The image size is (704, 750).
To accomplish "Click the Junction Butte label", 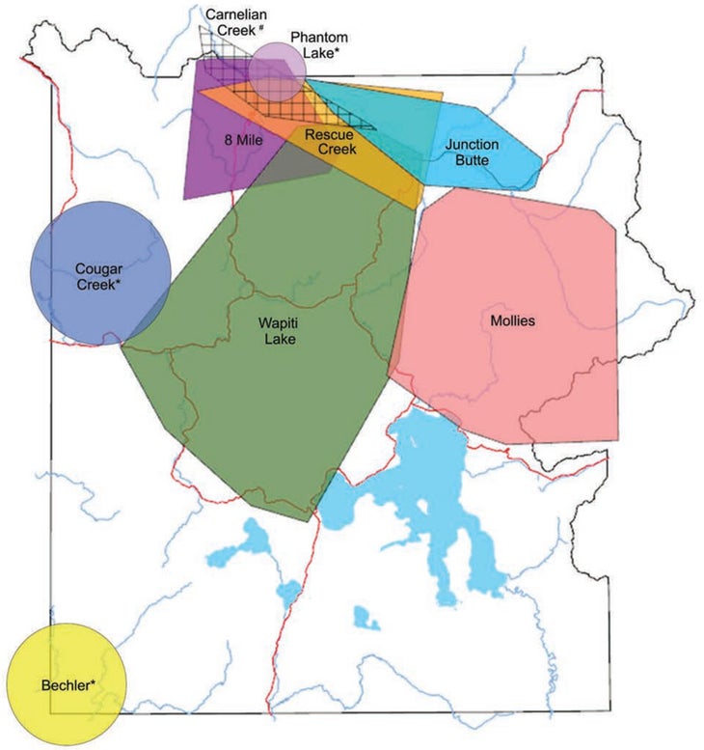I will tap(473, 152).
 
